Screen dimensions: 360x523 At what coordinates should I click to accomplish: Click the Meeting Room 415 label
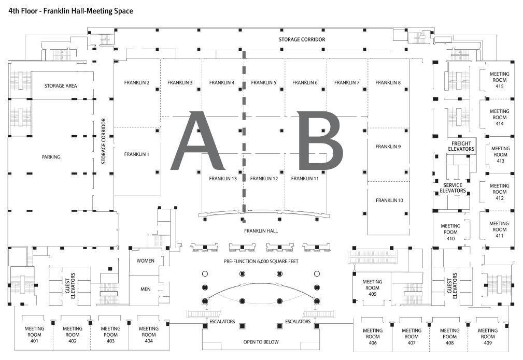click(x=500, y=80)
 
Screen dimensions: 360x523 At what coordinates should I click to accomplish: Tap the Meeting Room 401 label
click(x=35, y=335)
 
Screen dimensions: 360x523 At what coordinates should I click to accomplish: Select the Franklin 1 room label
click(x=137, y=154)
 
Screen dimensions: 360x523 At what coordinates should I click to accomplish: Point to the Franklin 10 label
click(x=389, y=200)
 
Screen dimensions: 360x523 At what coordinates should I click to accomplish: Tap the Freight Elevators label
click(x=461, y=146)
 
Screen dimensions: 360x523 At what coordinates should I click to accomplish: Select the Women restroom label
click(x=146, y=261)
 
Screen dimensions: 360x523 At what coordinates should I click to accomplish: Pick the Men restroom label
click(x=146, y=289)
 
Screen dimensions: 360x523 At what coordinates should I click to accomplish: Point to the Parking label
click(x=51, y=157)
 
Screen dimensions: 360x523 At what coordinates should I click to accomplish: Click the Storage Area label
click(x=61, y=86)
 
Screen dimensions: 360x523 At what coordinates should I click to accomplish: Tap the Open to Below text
click(x=261, y=342)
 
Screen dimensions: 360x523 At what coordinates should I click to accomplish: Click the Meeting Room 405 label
click(x=372, y=288)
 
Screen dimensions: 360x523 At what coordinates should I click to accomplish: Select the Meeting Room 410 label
click(x=450, y=232)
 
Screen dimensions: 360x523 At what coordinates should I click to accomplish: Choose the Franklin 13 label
click(x=223, y=179)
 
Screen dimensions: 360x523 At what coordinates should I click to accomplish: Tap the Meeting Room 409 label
click(x=488, y=337)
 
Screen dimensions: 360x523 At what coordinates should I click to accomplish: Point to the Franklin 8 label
click(x=388, y=83)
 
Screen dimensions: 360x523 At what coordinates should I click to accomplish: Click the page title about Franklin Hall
click(x=71, y=10)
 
